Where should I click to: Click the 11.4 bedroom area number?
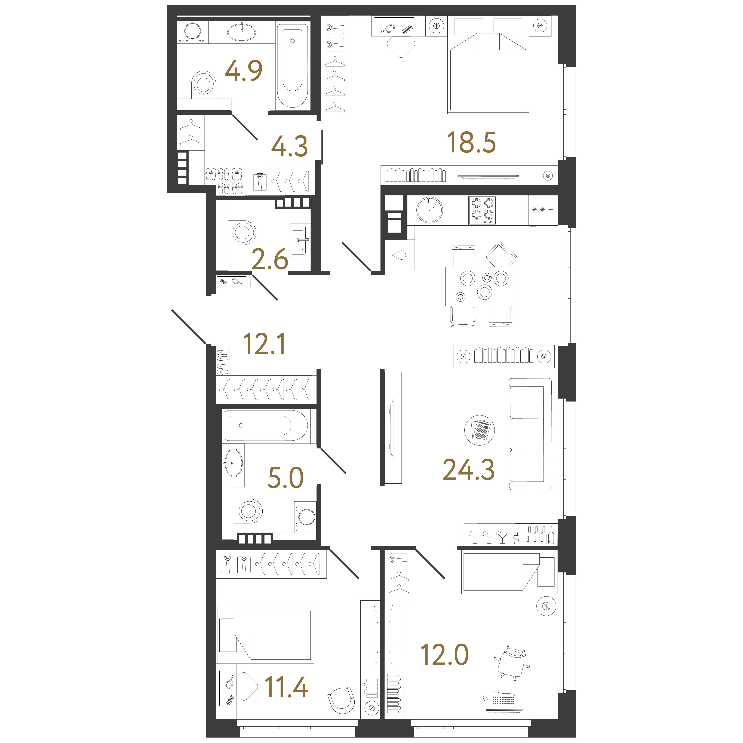pyautogui.click(x=287, y=688)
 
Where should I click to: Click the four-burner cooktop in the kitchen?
pyautogui.click(x=482, y=210)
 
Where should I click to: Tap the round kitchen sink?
pyautogui.click(x=430, y=210)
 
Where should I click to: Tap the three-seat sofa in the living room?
pyautogui.click(x=530, y=434)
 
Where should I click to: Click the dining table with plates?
pyautogui.click(x=481, y=286)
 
